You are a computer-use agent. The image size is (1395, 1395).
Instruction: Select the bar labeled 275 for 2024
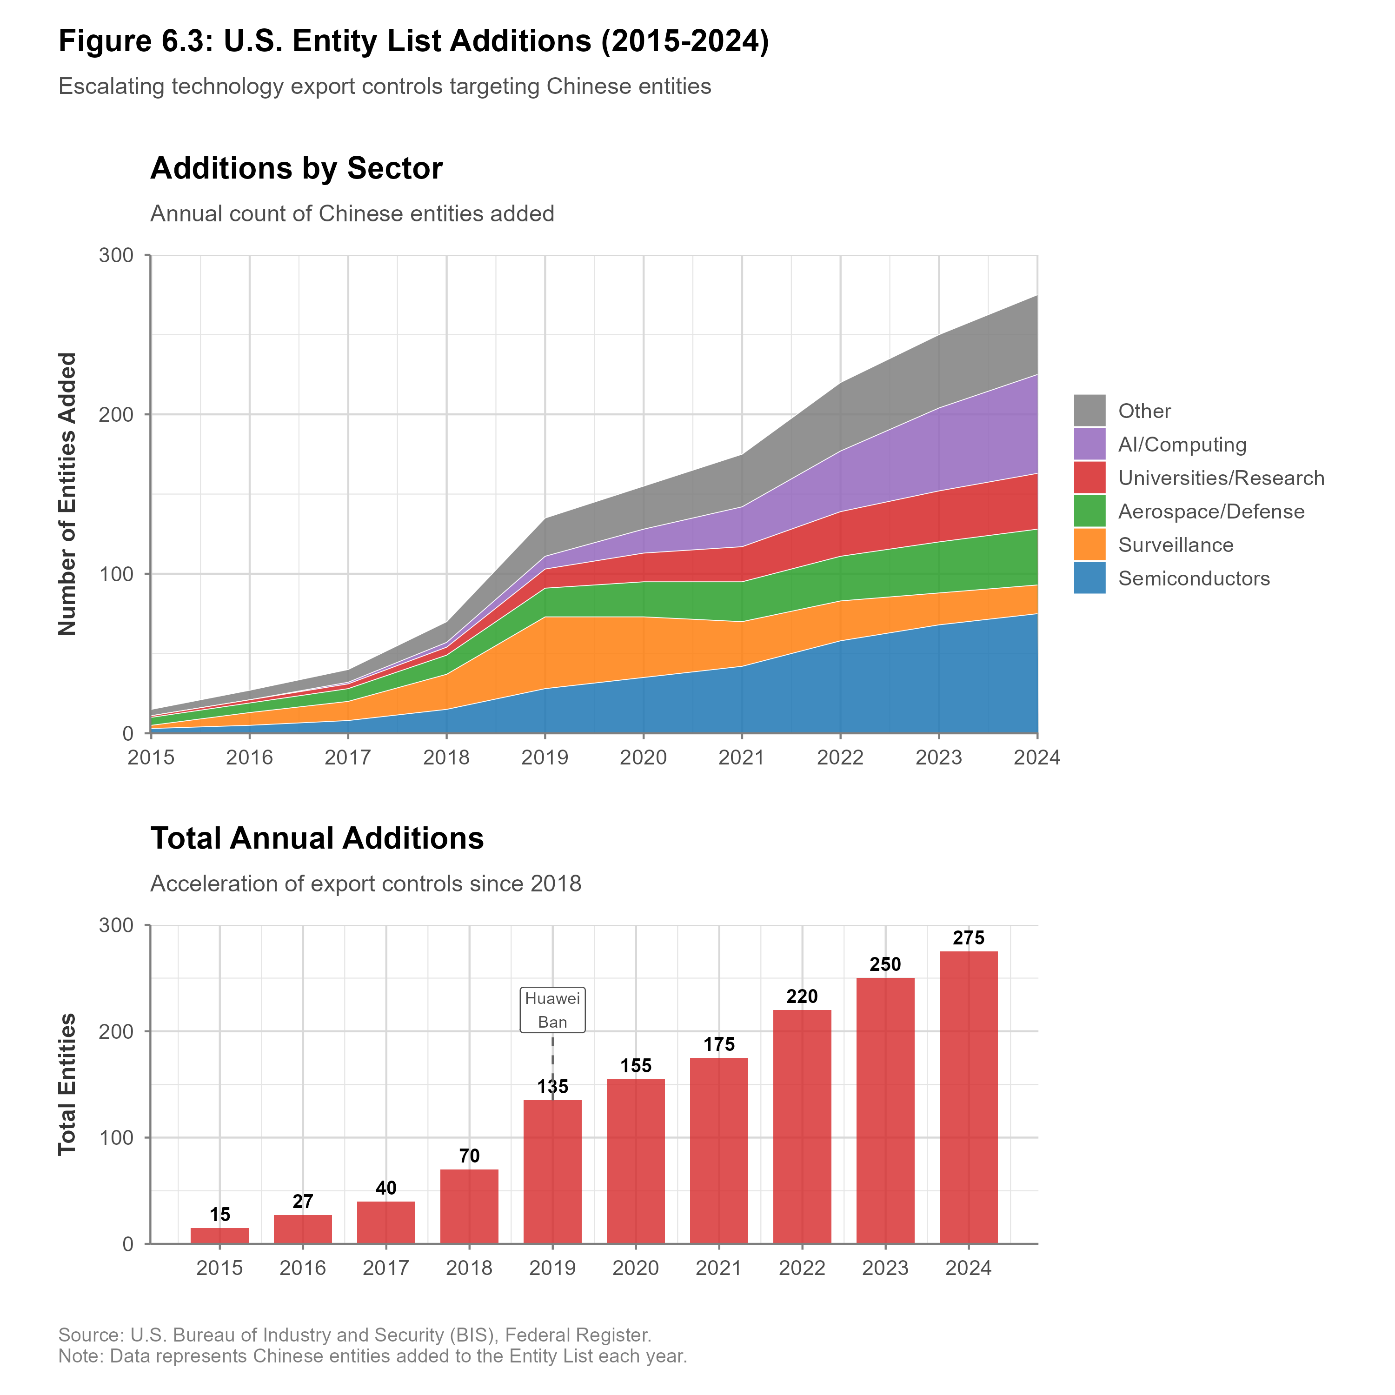[968, 1097]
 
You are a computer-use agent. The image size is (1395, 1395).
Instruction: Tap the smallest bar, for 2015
[219, 1236]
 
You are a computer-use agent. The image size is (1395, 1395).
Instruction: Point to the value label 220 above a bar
[802, 997]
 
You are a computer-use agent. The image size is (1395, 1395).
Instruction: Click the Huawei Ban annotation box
[552, 1010]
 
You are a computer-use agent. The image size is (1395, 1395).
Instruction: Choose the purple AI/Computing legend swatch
[1089, 444]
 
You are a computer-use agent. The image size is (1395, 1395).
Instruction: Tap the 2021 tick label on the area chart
[742, 757]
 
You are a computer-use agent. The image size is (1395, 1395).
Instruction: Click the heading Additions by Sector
[296, 168]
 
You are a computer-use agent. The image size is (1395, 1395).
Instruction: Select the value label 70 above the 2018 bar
[469, 1156]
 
